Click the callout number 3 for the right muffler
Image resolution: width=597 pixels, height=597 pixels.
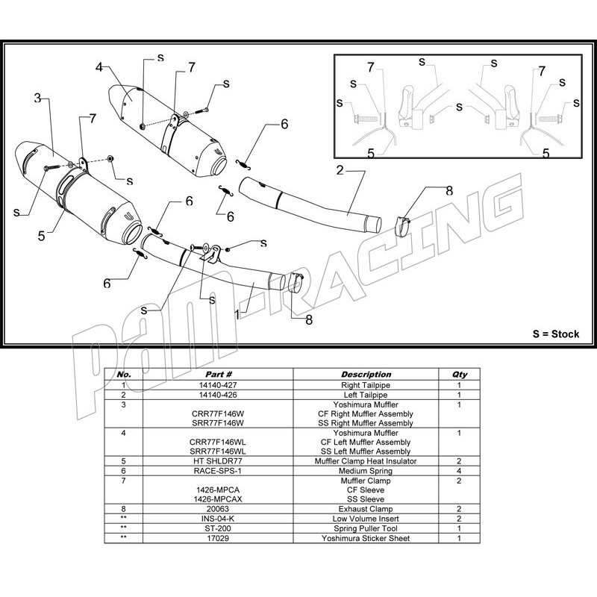click(x=37, y=98)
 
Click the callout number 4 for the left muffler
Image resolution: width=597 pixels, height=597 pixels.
click(x=99, y=67)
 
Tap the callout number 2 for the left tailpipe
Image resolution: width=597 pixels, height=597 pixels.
click(x=339, y=170)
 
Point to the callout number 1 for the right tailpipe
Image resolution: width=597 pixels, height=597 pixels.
click(x=237, y=314)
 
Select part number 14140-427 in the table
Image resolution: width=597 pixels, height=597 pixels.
click(x=219, y=384)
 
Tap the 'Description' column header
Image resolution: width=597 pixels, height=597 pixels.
click(x=366, y=374)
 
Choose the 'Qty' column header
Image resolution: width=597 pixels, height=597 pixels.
click(x=460, y=374)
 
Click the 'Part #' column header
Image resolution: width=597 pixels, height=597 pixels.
click(x=219, y=374)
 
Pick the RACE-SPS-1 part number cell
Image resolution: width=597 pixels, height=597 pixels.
click(x=219, y=471)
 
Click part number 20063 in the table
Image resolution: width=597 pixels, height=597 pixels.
click(x=219, y=509)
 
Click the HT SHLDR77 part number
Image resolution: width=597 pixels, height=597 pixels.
click(x=219, y=461)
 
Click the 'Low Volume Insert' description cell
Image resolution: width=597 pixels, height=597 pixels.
click(x=366, y=519)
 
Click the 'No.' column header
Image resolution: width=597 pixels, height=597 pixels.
click(x=124, y=374)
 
